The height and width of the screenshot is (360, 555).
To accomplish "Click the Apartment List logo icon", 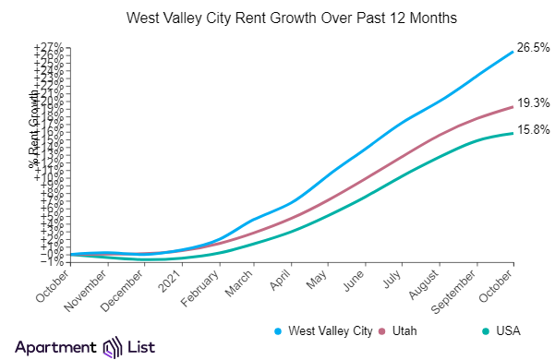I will [x=113, y=346].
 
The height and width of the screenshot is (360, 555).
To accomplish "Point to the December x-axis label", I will [x=126, y=287].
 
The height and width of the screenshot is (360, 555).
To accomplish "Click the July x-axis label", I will [x=393, y=276].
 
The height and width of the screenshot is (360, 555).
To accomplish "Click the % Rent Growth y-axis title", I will [x=35, y=134].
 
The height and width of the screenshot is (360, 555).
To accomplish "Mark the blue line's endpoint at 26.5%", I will [x=513, y=52].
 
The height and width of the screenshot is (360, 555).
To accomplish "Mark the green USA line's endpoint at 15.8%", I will [x=513, y=134].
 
